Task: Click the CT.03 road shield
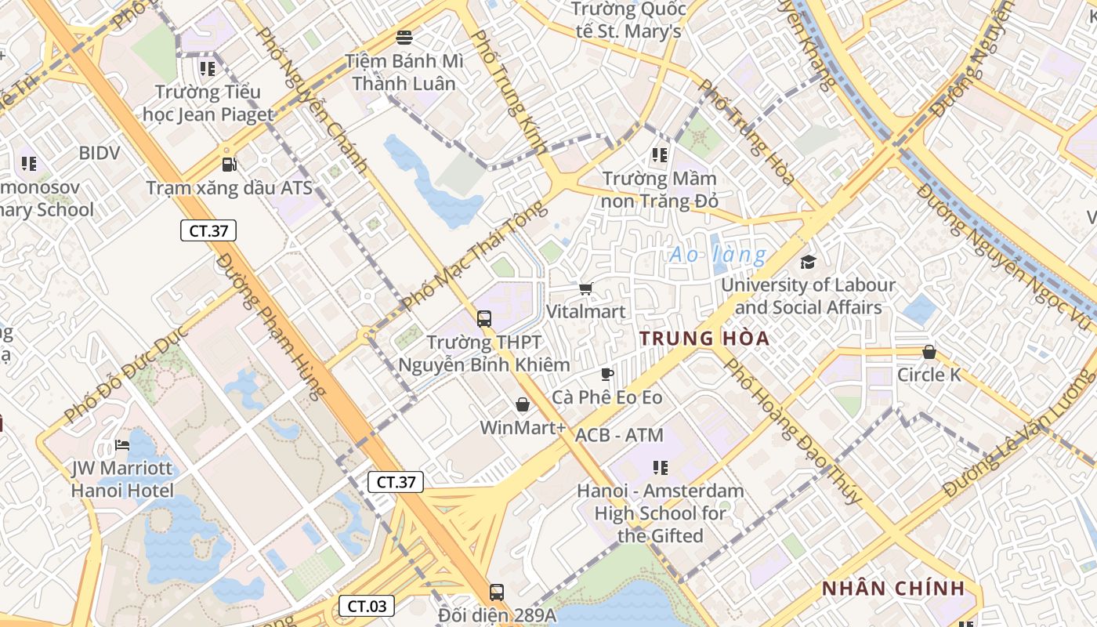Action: coord(366,606)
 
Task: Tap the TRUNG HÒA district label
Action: coord(704,339)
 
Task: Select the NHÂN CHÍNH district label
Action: coord(892,589)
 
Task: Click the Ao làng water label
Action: coord(718,255)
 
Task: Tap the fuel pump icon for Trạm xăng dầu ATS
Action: coord(229,165)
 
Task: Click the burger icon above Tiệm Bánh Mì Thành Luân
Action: coord(404,37)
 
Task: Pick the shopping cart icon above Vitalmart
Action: coord(585,288)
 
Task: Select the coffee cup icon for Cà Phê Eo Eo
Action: coord(606,374)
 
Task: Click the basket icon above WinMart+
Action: coord(523,404)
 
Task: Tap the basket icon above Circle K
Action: coord(929,352)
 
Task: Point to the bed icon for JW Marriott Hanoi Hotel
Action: coord(121,445)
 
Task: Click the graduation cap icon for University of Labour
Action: coord(808,262)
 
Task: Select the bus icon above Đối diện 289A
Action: coord(496,592)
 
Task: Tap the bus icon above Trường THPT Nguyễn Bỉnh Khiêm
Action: coord(484,319)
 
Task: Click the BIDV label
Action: coord(100,153)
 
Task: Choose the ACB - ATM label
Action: coord(619,435)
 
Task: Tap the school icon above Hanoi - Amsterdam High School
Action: coord(661,468)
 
